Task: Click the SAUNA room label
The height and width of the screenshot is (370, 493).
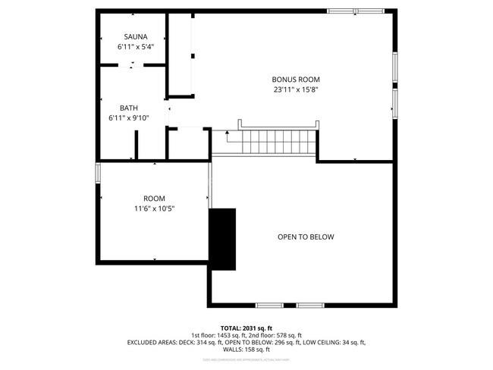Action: [x=136, y=36]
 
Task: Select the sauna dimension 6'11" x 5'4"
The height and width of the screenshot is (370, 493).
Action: [x=136, y=46]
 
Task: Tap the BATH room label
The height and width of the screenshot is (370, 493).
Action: [x=128, y=108]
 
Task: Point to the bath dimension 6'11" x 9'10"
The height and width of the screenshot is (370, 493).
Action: [x=128, y=118]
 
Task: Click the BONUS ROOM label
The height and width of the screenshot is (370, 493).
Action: [x=296, y=79]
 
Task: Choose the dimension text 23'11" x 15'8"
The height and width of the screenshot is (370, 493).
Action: [x=296, y=89]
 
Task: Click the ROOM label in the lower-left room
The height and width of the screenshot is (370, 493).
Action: [x=154, y=199]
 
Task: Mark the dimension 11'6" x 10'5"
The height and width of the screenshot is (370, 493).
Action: [x=154, y=209]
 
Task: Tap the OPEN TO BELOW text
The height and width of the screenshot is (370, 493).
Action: [x=305, y=237]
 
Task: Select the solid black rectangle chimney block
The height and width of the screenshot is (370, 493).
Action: [x=222, y=238]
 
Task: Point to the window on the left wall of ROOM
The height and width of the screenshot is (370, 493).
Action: [x=97, y=172]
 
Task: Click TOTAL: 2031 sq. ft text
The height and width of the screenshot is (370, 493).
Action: [x=246, y=327]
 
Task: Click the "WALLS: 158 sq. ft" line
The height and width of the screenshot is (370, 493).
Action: [x=246, y=350]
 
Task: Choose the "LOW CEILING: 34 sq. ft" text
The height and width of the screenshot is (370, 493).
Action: [x=330, y=343]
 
